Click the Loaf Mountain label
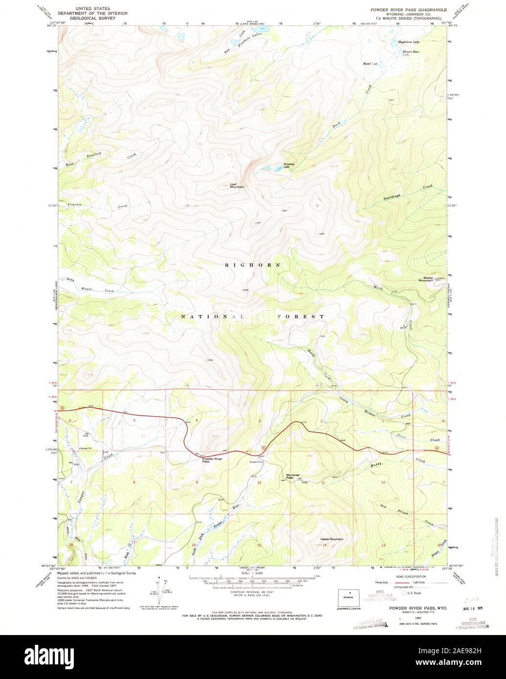237,186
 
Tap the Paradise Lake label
289,166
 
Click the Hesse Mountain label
331,539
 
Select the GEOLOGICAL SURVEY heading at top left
92,19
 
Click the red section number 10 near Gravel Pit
260,483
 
